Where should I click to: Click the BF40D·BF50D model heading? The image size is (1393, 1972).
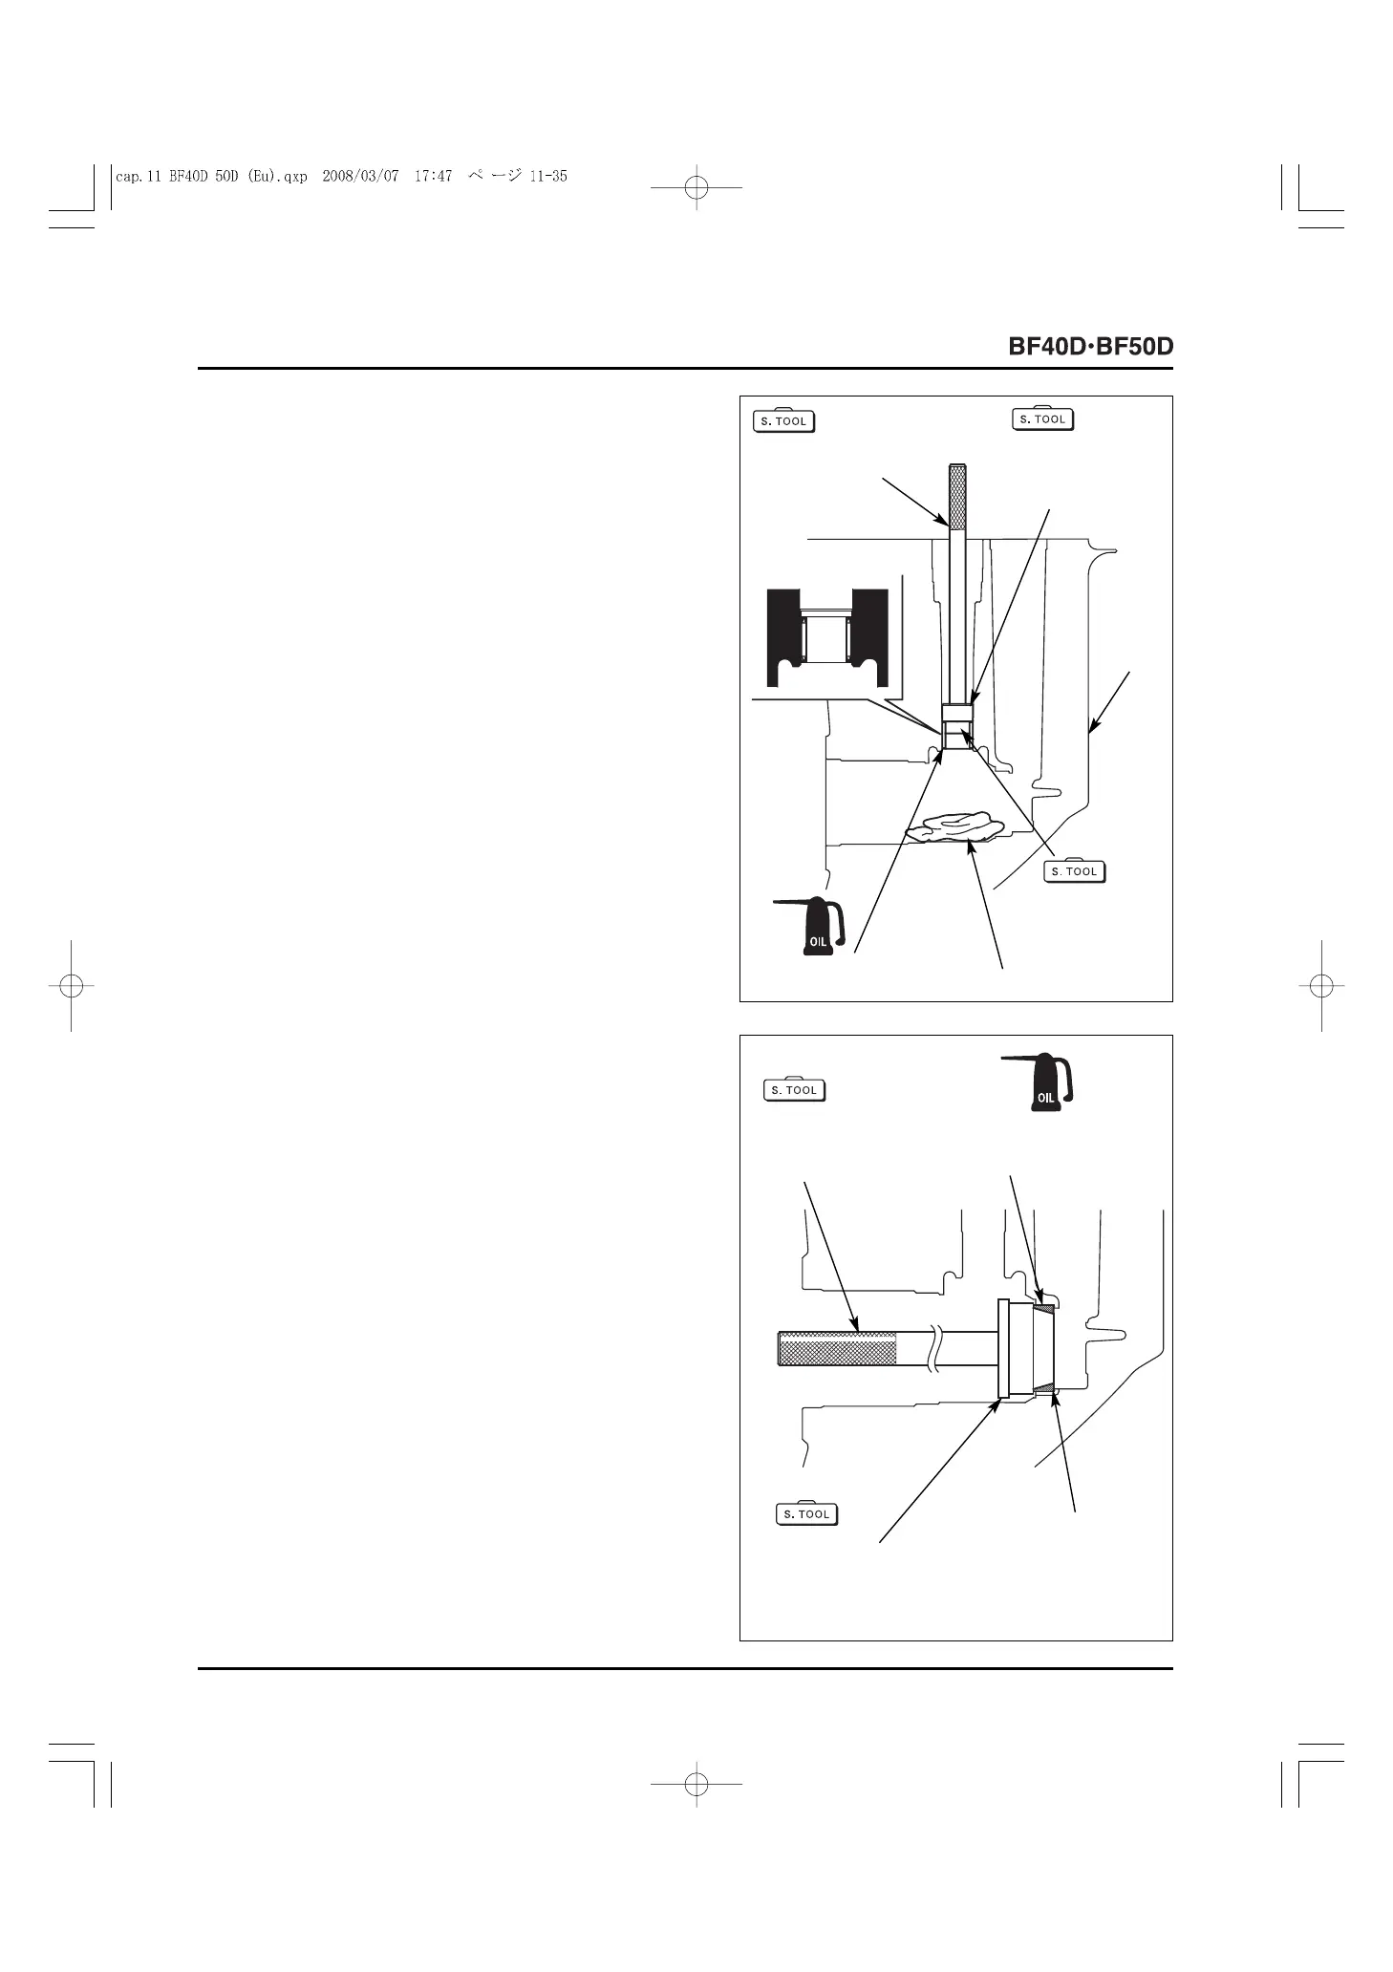pyautogui.click(x=1090, y=346)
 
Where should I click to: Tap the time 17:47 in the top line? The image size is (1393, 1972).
pyautogui.click(x=433, y=176)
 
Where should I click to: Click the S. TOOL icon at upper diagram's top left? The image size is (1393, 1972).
pyautogui.click(x=784, y=420)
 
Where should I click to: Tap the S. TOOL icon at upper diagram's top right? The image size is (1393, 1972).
pyautogui.click(x=1042, y=418)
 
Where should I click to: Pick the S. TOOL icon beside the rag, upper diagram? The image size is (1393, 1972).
pyautogui.click(x=1074, y=870)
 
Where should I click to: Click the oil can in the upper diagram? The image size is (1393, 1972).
pyautogui.click(x=814, y=926)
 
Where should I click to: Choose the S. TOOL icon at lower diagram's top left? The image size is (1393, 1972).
pyautogui.click(x=795, y=1089)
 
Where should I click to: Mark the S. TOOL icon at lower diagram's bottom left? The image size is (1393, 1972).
pyautogui.click(x=806, y=1513)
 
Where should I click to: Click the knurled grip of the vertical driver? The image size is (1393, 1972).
pyautogui.click(x=958, y=497)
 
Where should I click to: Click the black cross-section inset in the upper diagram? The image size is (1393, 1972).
pyautogui.click(x=827, y=638)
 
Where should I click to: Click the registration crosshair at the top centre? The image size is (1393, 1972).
pyautogui.click(x=696, y=188)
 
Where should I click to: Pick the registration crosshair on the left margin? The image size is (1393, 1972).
pyautogui.click(x=71, y=985)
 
